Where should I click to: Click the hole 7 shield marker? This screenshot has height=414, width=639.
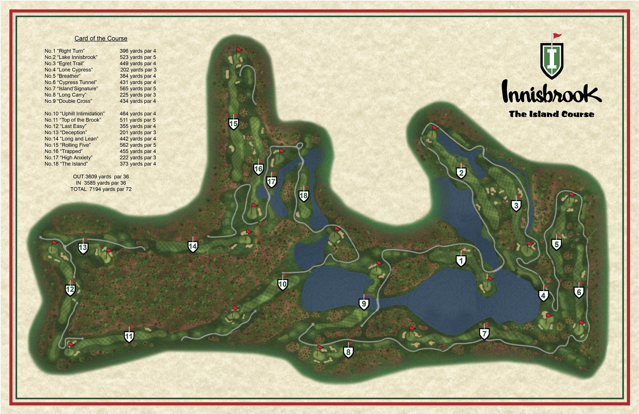(484, 334)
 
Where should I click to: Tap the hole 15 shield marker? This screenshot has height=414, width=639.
(233, 124)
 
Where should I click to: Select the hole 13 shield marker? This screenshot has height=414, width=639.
(83, 248)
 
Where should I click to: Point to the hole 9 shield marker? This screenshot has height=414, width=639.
(364, 304)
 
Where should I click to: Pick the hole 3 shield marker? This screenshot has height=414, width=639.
(516, 206)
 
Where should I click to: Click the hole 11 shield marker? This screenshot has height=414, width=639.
(129, 337)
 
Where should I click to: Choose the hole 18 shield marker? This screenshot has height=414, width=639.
(304, 196)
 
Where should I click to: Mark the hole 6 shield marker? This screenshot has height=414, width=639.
(579, 292)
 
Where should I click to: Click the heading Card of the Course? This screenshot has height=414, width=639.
(101, 38)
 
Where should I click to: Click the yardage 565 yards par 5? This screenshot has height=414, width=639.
(138, 89)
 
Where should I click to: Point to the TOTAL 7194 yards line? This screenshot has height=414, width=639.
(101, 189)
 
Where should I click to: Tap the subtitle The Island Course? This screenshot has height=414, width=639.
(551, 114)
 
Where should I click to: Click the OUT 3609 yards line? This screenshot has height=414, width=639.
(101, 177)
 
